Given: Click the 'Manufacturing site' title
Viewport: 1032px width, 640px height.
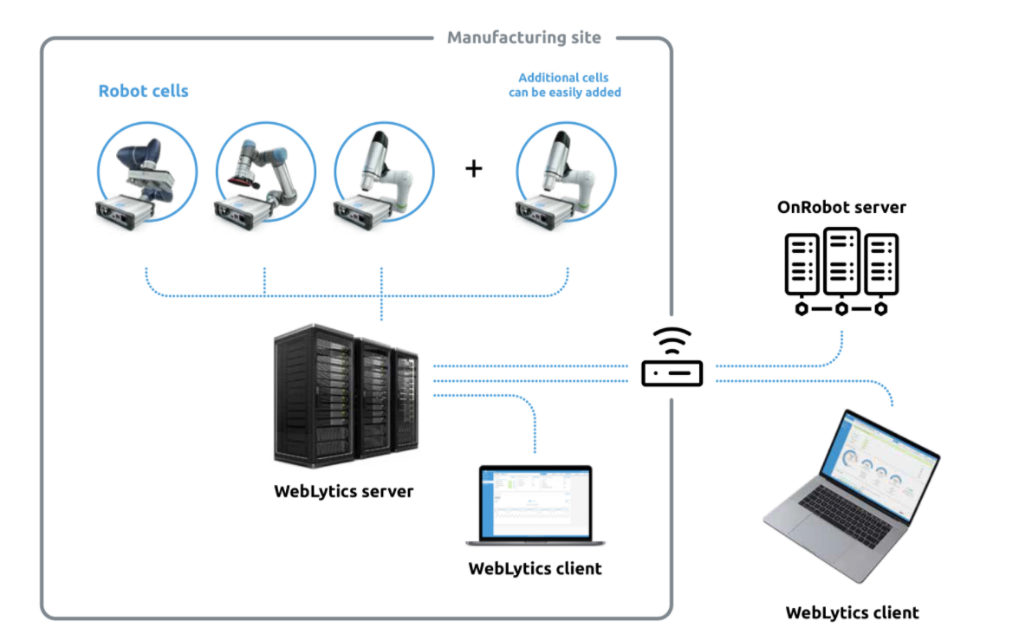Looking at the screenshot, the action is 524,37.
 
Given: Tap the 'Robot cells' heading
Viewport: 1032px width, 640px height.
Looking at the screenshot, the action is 144,91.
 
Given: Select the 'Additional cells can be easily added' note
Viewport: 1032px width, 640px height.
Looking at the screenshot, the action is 564,85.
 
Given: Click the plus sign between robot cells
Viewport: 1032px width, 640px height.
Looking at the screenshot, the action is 474,168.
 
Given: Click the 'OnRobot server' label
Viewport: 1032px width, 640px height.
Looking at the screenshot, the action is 841,207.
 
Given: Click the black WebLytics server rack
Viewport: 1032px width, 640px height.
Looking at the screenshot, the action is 347,396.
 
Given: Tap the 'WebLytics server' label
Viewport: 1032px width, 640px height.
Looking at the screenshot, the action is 343,491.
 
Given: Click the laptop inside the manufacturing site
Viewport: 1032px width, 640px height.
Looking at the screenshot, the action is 535,505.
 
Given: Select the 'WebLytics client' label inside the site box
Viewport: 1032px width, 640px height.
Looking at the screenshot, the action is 535,568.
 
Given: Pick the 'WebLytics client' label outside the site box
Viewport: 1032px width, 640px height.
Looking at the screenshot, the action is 853,612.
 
